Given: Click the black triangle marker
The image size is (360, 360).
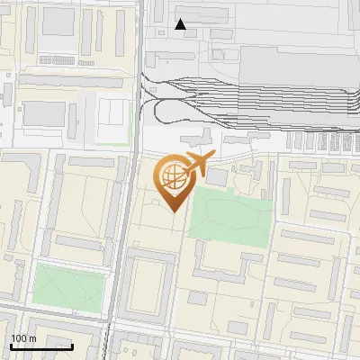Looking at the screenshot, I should pos(181,24).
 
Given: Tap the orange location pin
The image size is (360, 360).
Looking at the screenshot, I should pos(173,184).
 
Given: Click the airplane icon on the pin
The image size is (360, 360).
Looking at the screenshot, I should pos(197,165).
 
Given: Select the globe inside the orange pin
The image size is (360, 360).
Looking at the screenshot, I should pos(172,175).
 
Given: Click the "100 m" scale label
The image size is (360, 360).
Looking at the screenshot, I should pos(23,338).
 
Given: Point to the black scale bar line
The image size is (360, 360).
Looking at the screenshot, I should pos(41,346).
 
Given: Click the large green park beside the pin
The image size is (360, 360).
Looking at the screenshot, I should pos(232,217).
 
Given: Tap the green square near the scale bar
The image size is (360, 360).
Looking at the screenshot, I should pos(68,285).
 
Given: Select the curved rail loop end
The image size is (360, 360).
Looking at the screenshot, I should pos(157,110).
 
